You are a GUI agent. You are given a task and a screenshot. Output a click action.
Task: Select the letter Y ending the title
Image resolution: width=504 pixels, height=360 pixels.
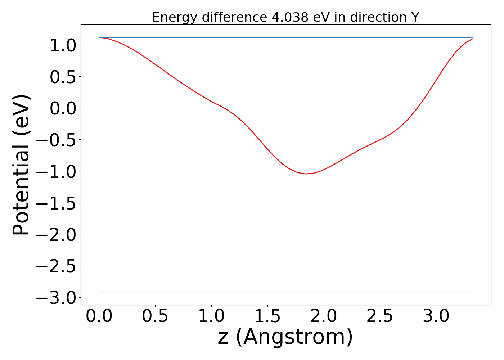[415, 17]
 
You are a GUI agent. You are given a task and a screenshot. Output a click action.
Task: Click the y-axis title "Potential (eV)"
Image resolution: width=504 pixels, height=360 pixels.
[21, 165]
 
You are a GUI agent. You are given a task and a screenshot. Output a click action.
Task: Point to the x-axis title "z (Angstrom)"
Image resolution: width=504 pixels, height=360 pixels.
[285, 337]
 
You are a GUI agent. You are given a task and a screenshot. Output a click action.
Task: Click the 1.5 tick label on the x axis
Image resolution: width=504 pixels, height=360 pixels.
[267, 316]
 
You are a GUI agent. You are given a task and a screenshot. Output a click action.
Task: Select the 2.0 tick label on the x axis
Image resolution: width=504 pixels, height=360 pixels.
[324, 316]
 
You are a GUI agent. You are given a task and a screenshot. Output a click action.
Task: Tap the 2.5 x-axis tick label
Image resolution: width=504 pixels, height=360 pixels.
[380, 316]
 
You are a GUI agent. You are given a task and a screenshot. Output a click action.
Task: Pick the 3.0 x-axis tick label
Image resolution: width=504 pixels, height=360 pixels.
[436, 316]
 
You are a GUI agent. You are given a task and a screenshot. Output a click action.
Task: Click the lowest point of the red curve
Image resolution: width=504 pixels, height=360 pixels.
[306, 174]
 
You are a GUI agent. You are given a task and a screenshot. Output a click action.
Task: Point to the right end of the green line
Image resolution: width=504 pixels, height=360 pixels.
[472, 292]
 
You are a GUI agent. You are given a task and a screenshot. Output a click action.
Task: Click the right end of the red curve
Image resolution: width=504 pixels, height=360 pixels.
[472, 39]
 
